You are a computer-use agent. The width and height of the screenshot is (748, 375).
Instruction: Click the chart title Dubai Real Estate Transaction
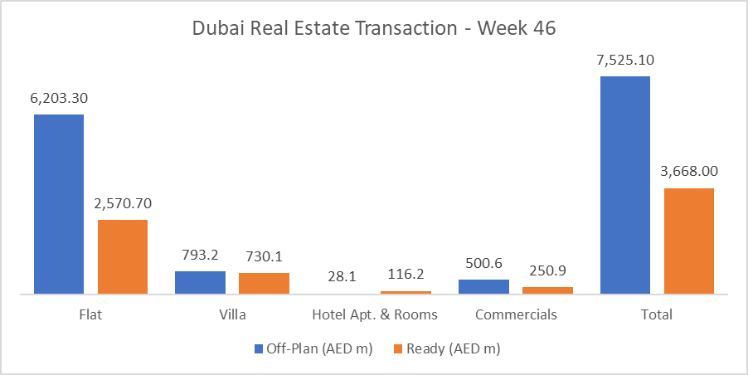pyautogui.click(x=374, y=27)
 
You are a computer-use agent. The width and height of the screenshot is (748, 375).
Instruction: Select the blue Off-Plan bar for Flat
pyautogui.click(x=59, y=204)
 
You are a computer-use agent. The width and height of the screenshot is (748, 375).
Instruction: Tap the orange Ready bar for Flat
pyautogui.click(x=123, y=256)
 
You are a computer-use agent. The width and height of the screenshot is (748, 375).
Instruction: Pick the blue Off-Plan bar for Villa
pyautogui.click(x=200, y=282)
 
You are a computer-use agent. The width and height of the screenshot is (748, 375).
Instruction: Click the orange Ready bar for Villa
pyautogui.click(x=264, y=283)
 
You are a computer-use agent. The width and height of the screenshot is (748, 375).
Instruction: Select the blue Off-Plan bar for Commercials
pyautogui.click(x=483, y=286)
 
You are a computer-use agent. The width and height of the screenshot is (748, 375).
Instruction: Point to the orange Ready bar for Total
pyautogui.click(x=689, y=241)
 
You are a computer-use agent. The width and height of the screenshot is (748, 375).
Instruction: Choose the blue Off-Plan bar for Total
pyautogui.click(x=625, y=185)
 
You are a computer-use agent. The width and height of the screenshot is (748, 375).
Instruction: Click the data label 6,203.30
pyautogui.click(x=59, y=98)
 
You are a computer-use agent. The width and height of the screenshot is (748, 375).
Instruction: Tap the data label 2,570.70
pyautogui.click(x=123, y=203)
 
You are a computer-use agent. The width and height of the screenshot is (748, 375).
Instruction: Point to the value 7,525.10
pyautogui.click(x=625, y=60)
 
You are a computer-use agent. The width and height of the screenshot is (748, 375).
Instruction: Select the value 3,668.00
pyautogui.click(x=689, y=172)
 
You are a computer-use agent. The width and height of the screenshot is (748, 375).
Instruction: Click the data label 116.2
pyautogui.click(x=406, y=275)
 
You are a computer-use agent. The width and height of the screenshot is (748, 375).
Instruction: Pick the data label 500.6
pyautogui.click(x=483, y=263)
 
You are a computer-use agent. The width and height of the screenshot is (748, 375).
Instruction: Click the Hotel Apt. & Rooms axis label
pyautogui.click(x=374, y=315)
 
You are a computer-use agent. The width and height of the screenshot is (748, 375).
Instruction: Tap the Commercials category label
pyautogui.click(x=516, y=315)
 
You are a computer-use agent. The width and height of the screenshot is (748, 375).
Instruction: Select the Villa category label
pyautogui.click(x=232, y=315)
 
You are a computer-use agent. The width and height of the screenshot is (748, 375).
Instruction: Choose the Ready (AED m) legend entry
pyautogui.click(x=449, y=349)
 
